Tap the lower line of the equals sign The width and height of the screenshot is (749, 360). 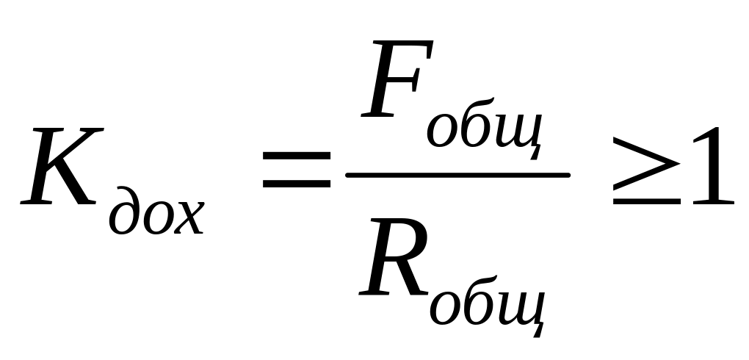point(297,184)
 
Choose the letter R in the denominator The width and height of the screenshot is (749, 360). point(393,261)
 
